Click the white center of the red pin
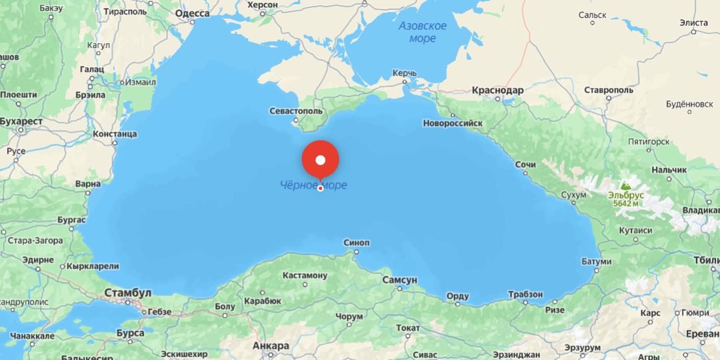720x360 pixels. pos(321,160)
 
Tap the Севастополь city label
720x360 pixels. pos(297,111)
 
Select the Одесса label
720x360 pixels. pos(192,13)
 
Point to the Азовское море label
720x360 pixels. pos(423,32)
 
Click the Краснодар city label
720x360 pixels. pos(497,90)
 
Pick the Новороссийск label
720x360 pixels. pos(453,123)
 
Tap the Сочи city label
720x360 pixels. pos(525,165)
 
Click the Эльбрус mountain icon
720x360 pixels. pos(625,185)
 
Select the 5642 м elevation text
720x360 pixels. pos(626,203)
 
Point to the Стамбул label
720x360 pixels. pos(127,293)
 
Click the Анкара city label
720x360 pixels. pos(271,346)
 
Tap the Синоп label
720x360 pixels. pos(356,243)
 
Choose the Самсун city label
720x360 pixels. pos(399,280)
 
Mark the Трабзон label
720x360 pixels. pos(525,294)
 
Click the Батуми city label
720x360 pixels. pos(596,261)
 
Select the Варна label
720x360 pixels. pos(88,183)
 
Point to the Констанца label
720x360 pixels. pos(115,134)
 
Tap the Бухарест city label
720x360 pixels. pos(21,121)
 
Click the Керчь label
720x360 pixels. pos(405,73)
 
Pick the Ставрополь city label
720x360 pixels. pos(609,89)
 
